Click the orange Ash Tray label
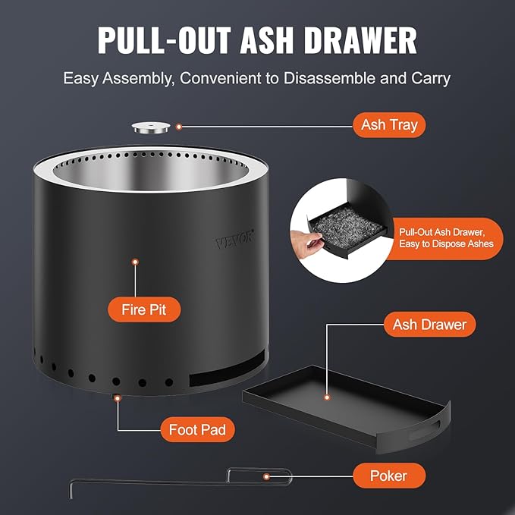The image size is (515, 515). [x=389, y=125]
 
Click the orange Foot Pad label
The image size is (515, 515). [x=197, y=429]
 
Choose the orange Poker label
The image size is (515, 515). [x=388, y=476]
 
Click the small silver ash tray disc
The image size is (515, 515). [x=149, y=128]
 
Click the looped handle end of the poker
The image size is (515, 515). [x=262, y=476]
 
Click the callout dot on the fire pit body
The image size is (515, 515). [x=136, y=262]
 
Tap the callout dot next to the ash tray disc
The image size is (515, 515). [x=180, y=127]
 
